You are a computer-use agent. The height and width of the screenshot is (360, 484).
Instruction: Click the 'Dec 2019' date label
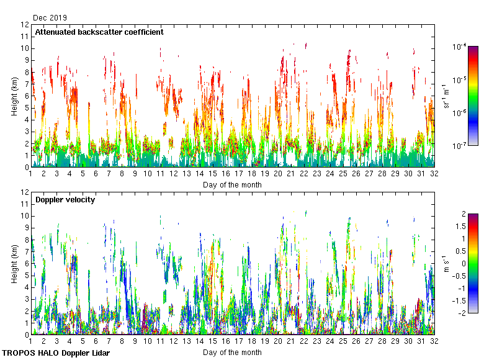click(x=50, y=18)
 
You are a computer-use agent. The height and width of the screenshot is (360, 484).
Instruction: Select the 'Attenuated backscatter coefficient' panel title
click(x=99, y=32)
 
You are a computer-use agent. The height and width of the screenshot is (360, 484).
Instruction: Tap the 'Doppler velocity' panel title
click(x=65, y=199)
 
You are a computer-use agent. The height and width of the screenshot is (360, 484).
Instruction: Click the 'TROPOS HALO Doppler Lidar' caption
click(x=55, y=353)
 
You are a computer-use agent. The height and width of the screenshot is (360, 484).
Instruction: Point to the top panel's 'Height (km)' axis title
click(x=15, y=96)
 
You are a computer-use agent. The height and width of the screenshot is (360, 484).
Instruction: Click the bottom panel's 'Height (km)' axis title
click(x=15, y=264)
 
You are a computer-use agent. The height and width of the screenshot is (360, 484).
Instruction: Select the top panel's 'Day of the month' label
click(x=232, y=184)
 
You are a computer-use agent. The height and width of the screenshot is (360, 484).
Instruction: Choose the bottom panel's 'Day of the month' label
click(x=232, y=352)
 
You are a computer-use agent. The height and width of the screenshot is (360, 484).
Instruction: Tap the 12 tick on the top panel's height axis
click(x=25, y=25)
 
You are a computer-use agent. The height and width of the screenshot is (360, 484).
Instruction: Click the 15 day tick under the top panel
click(x=213, y=174)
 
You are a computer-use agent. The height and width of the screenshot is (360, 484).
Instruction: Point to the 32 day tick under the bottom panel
click(x=434, y=341)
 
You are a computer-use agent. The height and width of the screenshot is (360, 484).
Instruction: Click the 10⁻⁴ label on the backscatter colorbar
click(x=460, y=47)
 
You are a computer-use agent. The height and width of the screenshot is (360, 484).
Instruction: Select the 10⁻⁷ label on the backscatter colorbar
click(x=460, y=146)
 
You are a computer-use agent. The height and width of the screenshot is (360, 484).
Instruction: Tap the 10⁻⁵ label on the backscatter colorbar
click(x=460, y=79)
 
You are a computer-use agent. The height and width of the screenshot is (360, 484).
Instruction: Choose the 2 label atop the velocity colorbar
click(x=464, y=214)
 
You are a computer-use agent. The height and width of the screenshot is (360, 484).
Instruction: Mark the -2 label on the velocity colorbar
click(x=462, y=313)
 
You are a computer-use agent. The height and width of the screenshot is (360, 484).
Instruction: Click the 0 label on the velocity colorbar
click(x=464, y=264)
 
